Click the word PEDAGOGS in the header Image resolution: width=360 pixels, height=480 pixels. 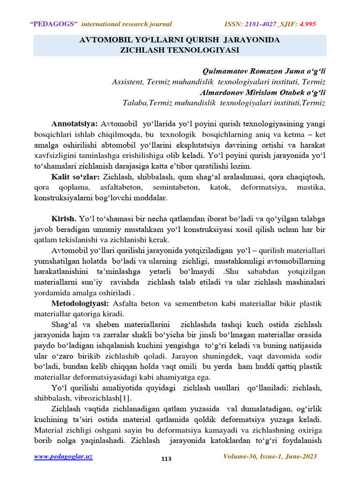point(55,24)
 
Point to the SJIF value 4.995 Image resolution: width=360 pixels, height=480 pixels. point(308,24)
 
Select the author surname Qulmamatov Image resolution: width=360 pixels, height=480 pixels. point(225,71)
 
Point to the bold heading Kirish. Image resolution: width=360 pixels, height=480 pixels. point(64,219)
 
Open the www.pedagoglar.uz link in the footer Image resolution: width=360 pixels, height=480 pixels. point(63,457)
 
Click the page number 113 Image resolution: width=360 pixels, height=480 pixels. point(166,459)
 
